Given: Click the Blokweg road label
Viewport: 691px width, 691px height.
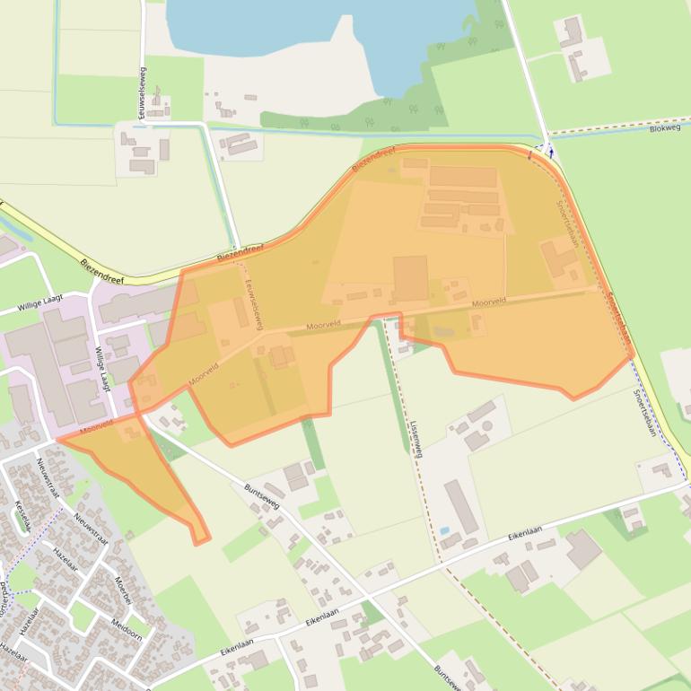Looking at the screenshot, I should pos(664,128).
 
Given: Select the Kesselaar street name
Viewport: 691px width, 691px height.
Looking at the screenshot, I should pos(22,515).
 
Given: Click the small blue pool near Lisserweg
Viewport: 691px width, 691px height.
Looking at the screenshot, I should pos(444,530).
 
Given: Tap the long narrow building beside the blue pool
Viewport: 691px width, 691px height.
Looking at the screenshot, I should pos(460,505).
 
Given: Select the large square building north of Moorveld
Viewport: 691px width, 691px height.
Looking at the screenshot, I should pos(410,278).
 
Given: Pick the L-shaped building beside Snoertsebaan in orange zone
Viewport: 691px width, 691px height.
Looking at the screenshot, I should pos(561,258).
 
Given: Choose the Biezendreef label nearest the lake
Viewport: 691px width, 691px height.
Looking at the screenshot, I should pos(374,161).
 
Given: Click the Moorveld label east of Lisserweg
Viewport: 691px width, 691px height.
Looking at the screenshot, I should pos(489,302).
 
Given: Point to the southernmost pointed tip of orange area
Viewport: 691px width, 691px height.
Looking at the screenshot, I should pos(198,542).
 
